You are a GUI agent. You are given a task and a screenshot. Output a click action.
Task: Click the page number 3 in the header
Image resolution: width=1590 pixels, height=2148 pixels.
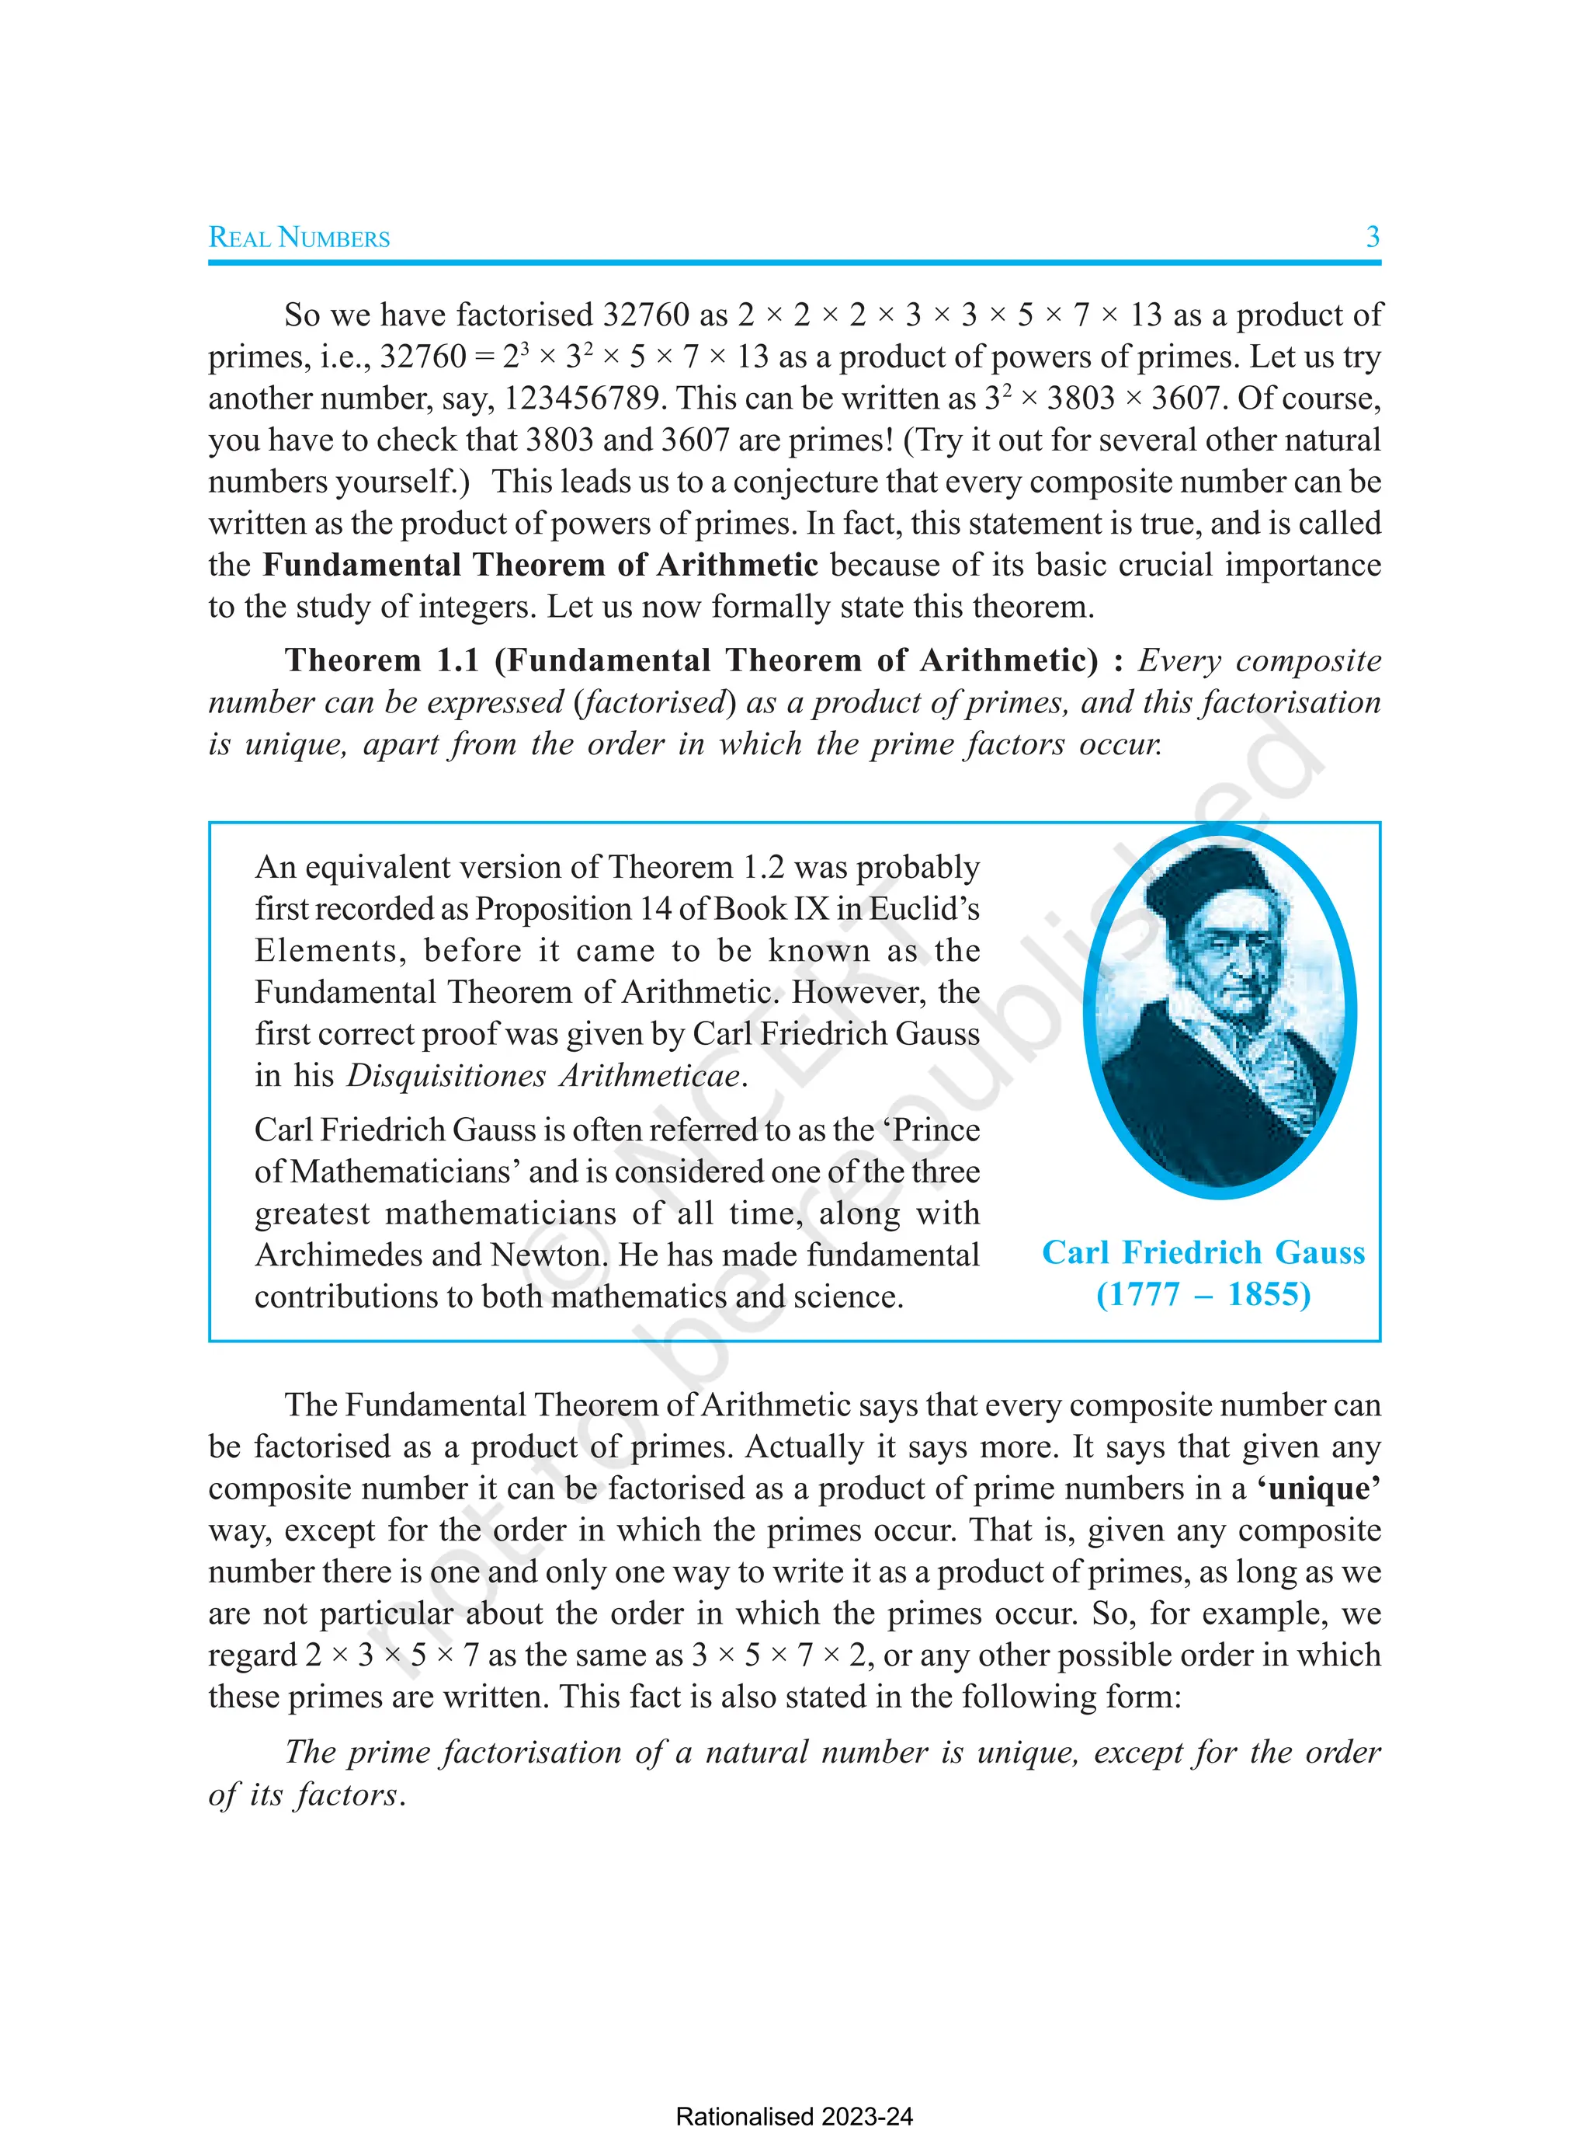pos(1373,237)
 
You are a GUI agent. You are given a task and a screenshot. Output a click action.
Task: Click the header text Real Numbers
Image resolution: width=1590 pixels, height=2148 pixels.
pos(300,238)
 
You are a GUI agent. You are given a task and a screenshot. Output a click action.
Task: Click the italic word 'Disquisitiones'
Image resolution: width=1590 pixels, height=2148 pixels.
pos(446,1075)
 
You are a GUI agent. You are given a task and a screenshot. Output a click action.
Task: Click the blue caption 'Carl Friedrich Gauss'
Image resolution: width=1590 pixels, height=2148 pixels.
pos(1203,1252)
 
